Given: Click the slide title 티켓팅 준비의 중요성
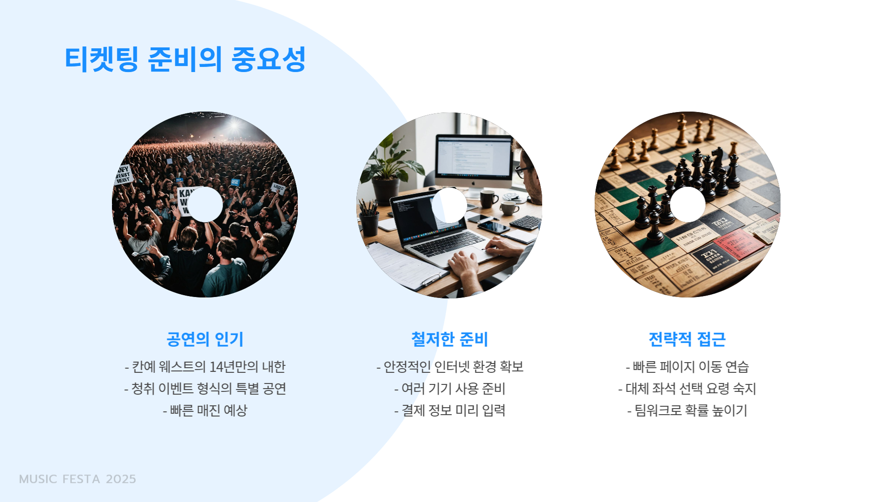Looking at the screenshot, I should (185, 59).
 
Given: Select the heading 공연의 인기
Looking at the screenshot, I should (205, 339).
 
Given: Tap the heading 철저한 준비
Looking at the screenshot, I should (449, 339).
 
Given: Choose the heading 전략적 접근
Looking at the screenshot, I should (687, 339).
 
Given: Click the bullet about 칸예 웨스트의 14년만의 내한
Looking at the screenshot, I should (205, 367).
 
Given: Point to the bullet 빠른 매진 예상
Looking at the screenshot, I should (205, 410).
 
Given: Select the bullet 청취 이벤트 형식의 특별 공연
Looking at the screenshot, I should (205, 389).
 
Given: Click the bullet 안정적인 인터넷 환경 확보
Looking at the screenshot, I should (449, 367).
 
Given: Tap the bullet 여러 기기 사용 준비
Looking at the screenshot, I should (449, 389).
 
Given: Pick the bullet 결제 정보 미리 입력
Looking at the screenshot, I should (449, 410).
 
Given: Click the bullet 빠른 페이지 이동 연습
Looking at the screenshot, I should (687, 367).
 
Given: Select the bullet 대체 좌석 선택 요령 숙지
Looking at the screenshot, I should (687, 389).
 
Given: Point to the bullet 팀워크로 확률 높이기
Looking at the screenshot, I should (687, 410).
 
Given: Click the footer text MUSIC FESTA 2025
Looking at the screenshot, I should (78, 479).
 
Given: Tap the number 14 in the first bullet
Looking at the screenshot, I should (216, 367).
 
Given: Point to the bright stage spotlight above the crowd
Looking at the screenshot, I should (234, 125).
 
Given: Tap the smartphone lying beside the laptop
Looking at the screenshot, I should (493, 226).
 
